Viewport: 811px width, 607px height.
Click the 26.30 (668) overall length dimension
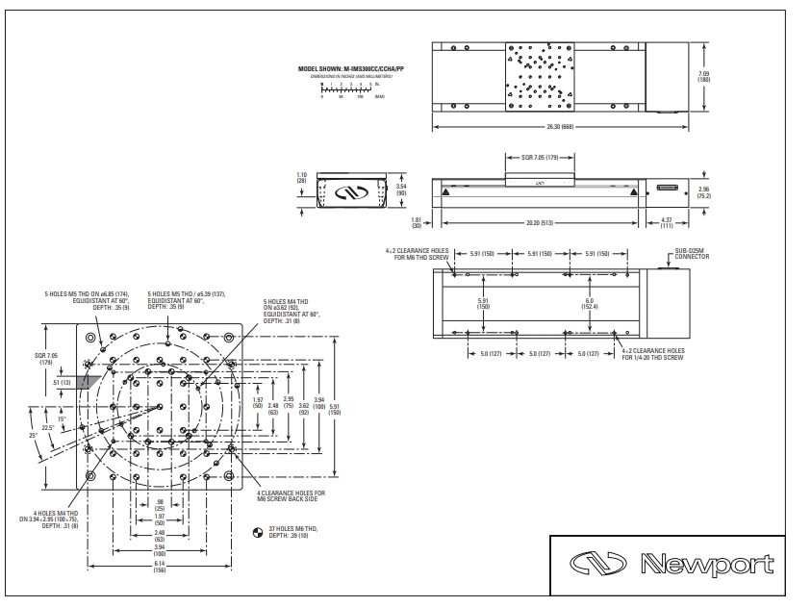(x=561, y=127)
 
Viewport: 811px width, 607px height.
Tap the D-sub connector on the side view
(x=667, y=189)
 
